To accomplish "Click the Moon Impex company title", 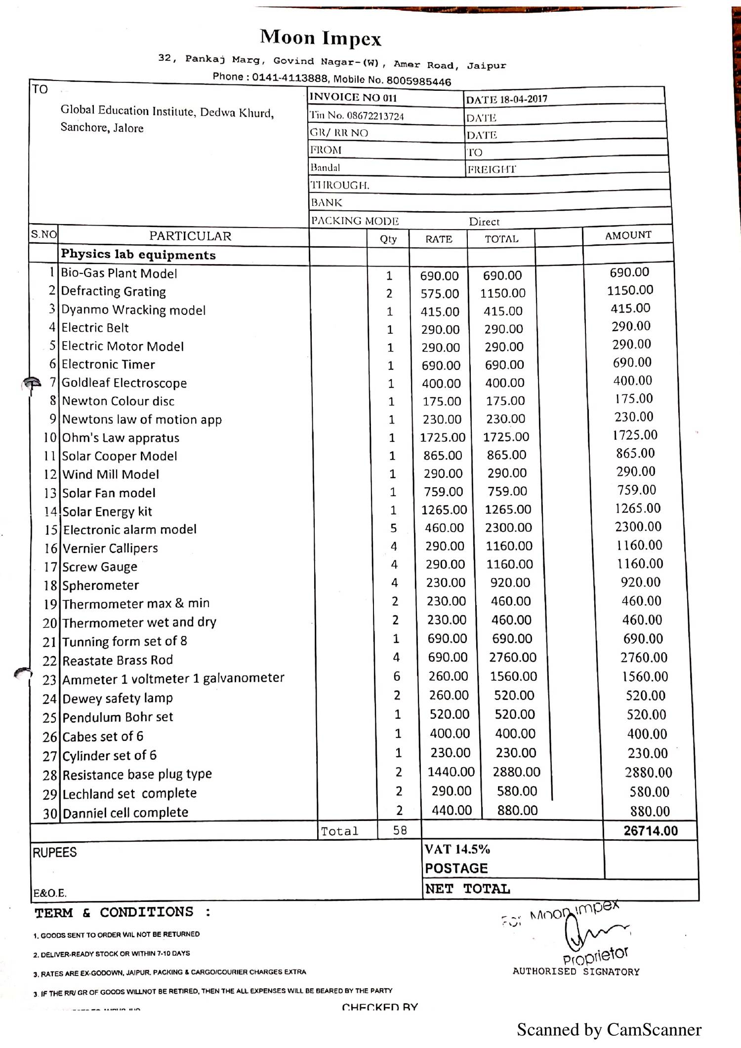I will [x=321, y=38].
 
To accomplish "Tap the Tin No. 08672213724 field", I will [x=357, y=116].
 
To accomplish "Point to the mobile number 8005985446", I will [x=418, y=81].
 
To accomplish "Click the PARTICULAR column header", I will [x=190, y=236].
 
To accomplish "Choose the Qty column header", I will [x=388, y=239].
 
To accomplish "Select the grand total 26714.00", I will [x=651, y=830].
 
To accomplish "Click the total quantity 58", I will [x=400, y=830].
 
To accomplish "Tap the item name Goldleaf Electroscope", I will [x=124, y=383].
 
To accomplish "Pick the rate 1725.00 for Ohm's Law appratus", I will [x=442, y=437].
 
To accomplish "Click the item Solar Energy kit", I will [x=107, y=511].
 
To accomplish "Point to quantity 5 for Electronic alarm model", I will [x=393, y=528].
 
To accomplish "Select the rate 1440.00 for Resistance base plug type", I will [x=451, y=772].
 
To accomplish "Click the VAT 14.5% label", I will [x=457, y=849].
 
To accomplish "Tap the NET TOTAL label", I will [x=467, y=889].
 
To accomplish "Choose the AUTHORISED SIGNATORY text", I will [x=576, y=971].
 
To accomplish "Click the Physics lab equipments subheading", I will [x=138, y=255].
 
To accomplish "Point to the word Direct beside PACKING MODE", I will [x=484, y=222].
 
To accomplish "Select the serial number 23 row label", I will [x=49, y=680].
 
